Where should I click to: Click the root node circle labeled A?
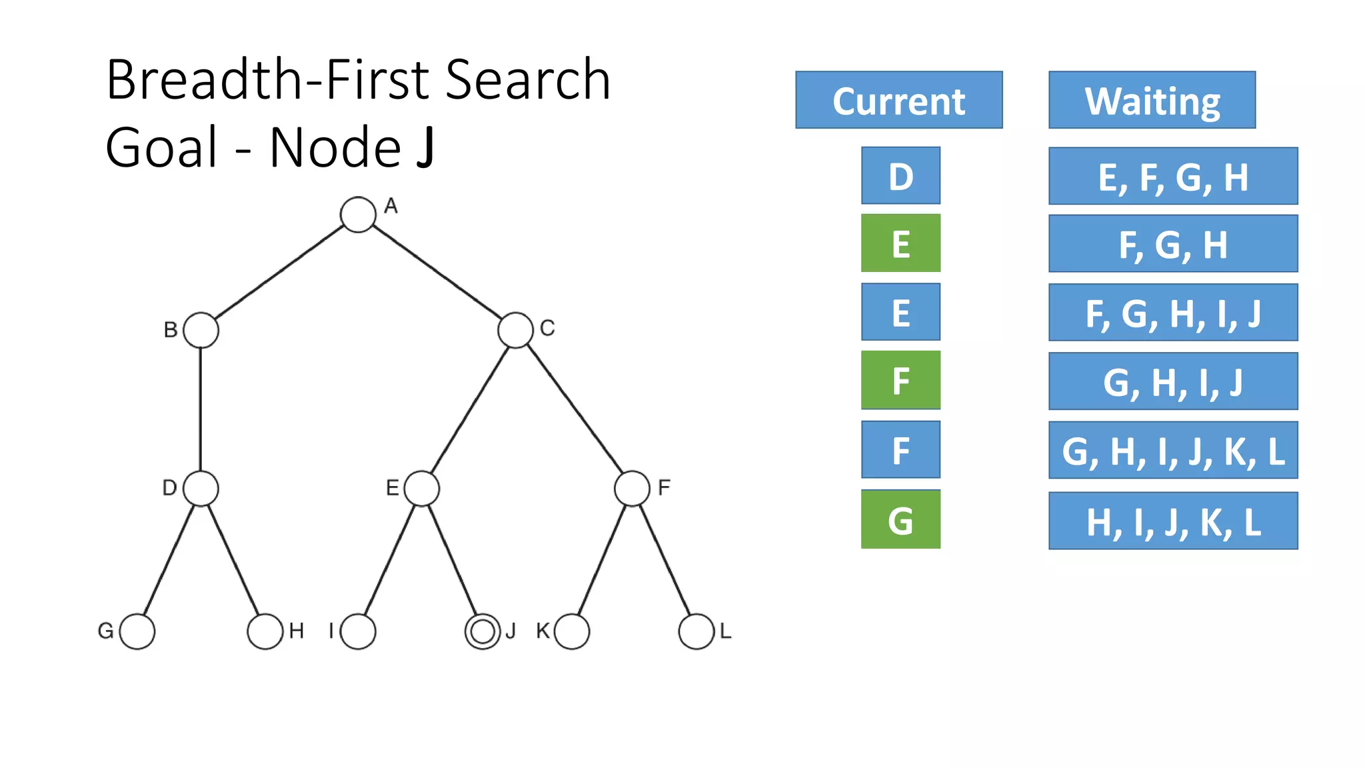358,215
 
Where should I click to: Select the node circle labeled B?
201,330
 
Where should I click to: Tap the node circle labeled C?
515,330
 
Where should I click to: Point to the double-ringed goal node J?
482,631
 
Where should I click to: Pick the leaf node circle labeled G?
137,631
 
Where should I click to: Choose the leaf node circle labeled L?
696,631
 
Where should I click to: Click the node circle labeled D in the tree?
201,488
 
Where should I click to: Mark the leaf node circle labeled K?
572,631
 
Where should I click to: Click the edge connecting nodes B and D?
201,409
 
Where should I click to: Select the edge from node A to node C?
437,272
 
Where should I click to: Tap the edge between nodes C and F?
575,408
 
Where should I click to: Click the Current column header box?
898,100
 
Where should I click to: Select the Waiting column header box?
1152,100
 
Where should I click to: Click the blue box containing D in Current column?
900,176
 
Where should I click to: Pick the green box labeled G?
900,519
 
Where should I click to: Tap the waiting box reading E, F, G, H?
1173,176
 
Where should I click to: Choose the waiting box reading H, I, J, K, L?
1173,521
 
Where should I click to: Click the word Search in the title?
527,80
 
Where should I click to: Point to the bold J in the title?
425,147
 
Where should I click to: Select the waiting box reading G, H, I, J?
1173,381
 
